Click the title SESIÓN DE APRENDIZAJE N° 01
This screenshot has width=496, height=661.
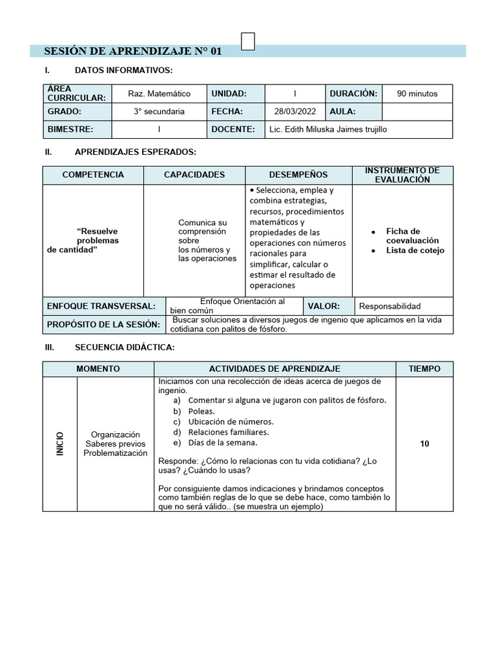tap(132, 51)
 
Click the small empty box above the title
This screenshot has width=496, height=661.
tap(247, 41)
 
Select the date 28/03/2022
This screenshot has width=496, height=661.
tap(295, 111)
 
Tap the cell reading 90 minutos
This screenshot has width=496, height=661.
tap(417, 94)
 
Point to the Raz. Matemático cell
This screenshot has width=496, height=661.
tap(159, 94)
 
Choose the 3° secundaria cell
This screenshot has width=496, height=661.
tap(159, 111)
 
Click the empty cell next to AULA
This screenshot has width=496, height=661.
tap(417, 111)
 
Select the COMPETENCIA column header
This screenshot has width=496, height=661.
tap(93, 175)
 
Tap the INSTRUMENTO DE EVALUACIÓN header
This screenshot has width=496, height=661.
tap(402, 175)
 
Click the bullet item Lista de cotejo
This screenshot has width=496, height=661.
tap(415, 250)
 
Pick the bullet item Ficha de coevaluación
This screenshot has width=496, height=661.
tap(412, 236)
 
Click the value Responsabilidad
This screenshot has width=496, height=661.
tap(389, 306)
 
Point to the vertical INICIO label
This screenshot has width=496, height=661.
tap(60, 444)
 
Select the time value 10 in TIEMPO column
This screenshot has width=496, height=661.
tap(424, 444)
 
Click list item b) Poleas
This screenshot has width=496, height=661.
tap(201, 411)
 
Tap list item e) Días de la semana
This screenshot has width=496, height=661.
tap(222, 442)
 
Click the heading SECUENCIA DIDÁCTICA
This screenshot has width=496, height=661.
tap(124, 347)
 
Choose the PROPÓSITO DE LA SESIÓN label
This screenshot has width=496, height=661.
tap(103, 324)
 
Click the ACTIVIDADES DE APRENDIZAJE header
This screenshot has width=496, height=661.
tap(274, 369)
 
